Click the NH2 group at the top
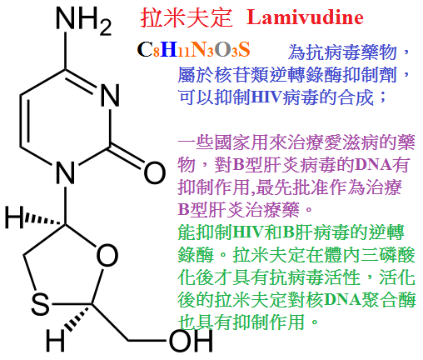(x=83, y=19)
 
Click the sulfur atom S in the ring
(x=40, y=304)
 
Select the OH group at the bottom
(x=191, y=341)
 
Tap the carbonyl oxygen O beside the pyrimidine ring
(x=155, y=172)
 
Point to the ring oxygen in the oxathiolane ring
(x=107, y=255)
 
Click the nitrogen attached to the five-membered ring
(x=66, y=172)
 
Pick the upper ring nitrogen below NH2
(x=110, y=95)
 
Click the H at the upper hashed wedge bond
(x=14, y=217)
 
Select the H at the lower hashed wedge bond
(x=55, y=340)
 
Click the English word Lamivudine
(x=305, y=17)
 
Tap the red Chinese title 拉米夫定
(x=187, y=17)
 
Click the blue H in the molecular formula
(x=169, y=49)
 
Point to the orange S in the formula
(x=244, y=50)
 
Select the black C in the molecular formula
(x=144, y=50)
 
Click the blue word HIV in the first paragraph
(x=266, y=97)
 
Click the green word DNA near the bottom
(x=342, y=300)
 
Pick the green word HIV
(x=248, y=232)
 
